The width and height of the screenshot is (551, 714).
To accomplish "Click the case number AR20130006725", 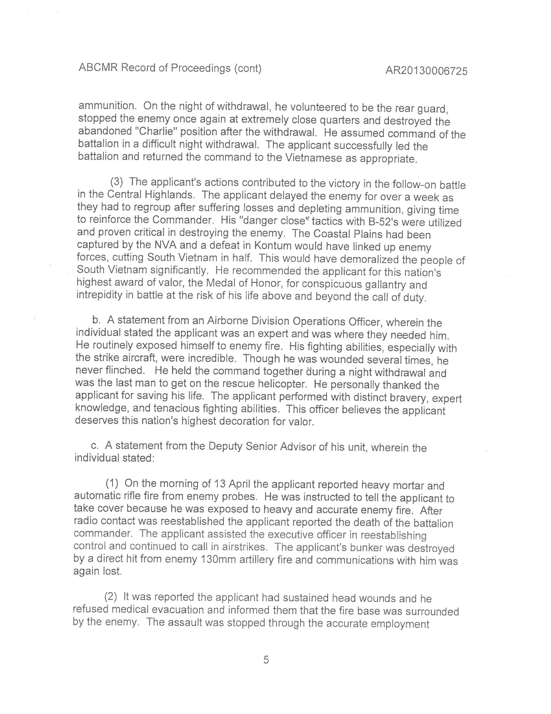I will (x=426, y=71).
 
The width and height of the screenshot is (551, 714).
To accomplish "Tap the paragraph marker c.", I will (x=95, y=446).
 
